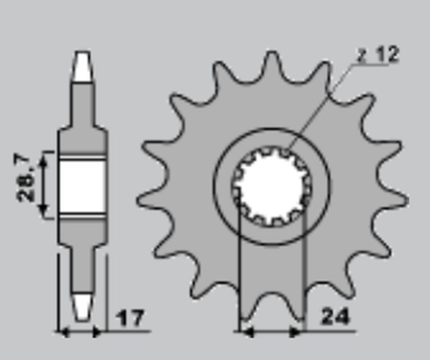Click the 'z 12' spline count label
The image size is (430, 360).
(x=376, y=55)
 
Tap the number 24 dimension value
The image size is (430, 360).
(x=337, y=316)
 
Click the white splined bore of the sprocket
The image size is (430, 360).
(x=271, y=186)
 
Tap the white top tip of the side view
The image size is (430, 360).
(x=82, y=65)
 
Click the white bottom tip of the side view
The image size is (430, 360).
(x=82, y=305)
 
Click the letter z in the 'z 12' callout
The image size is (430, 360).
(x=360, y=56)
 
